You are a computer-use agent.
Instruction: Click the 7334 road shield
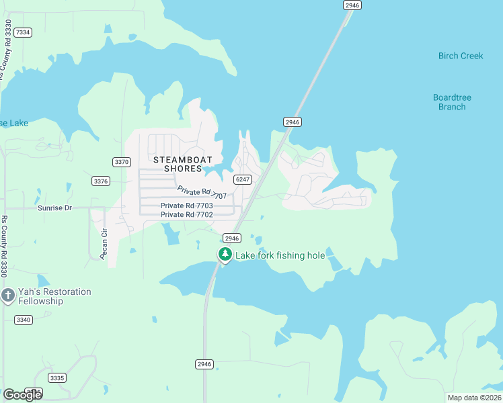23,32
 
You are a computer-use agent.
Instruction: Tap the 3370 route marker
122,162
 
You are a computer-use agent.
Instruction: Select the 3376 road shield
101,181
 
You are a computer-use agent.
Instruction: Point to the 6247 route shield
243,179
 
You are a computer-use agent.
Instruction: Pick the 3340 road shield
23,320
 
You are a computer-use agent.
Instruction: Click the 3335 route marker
57,378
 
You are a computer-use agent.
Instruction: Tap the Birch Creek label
461,56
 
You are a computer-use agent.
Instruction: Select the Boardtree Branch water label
452,102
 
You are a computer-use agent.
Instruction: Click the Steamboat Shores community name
183,164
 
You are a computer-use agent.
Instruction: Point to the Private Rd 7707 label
202,192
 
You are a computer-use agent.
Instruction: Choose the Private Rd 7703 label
187,206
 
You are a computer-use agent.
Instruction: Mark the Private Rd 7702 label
187,214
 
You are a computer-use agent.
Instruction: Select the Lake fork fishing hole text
280,255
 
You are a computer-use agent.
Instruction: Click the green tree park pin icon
225,255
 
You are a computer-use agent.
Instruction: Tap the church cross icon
8,296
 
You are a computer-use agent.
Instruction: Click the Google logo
22,394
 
